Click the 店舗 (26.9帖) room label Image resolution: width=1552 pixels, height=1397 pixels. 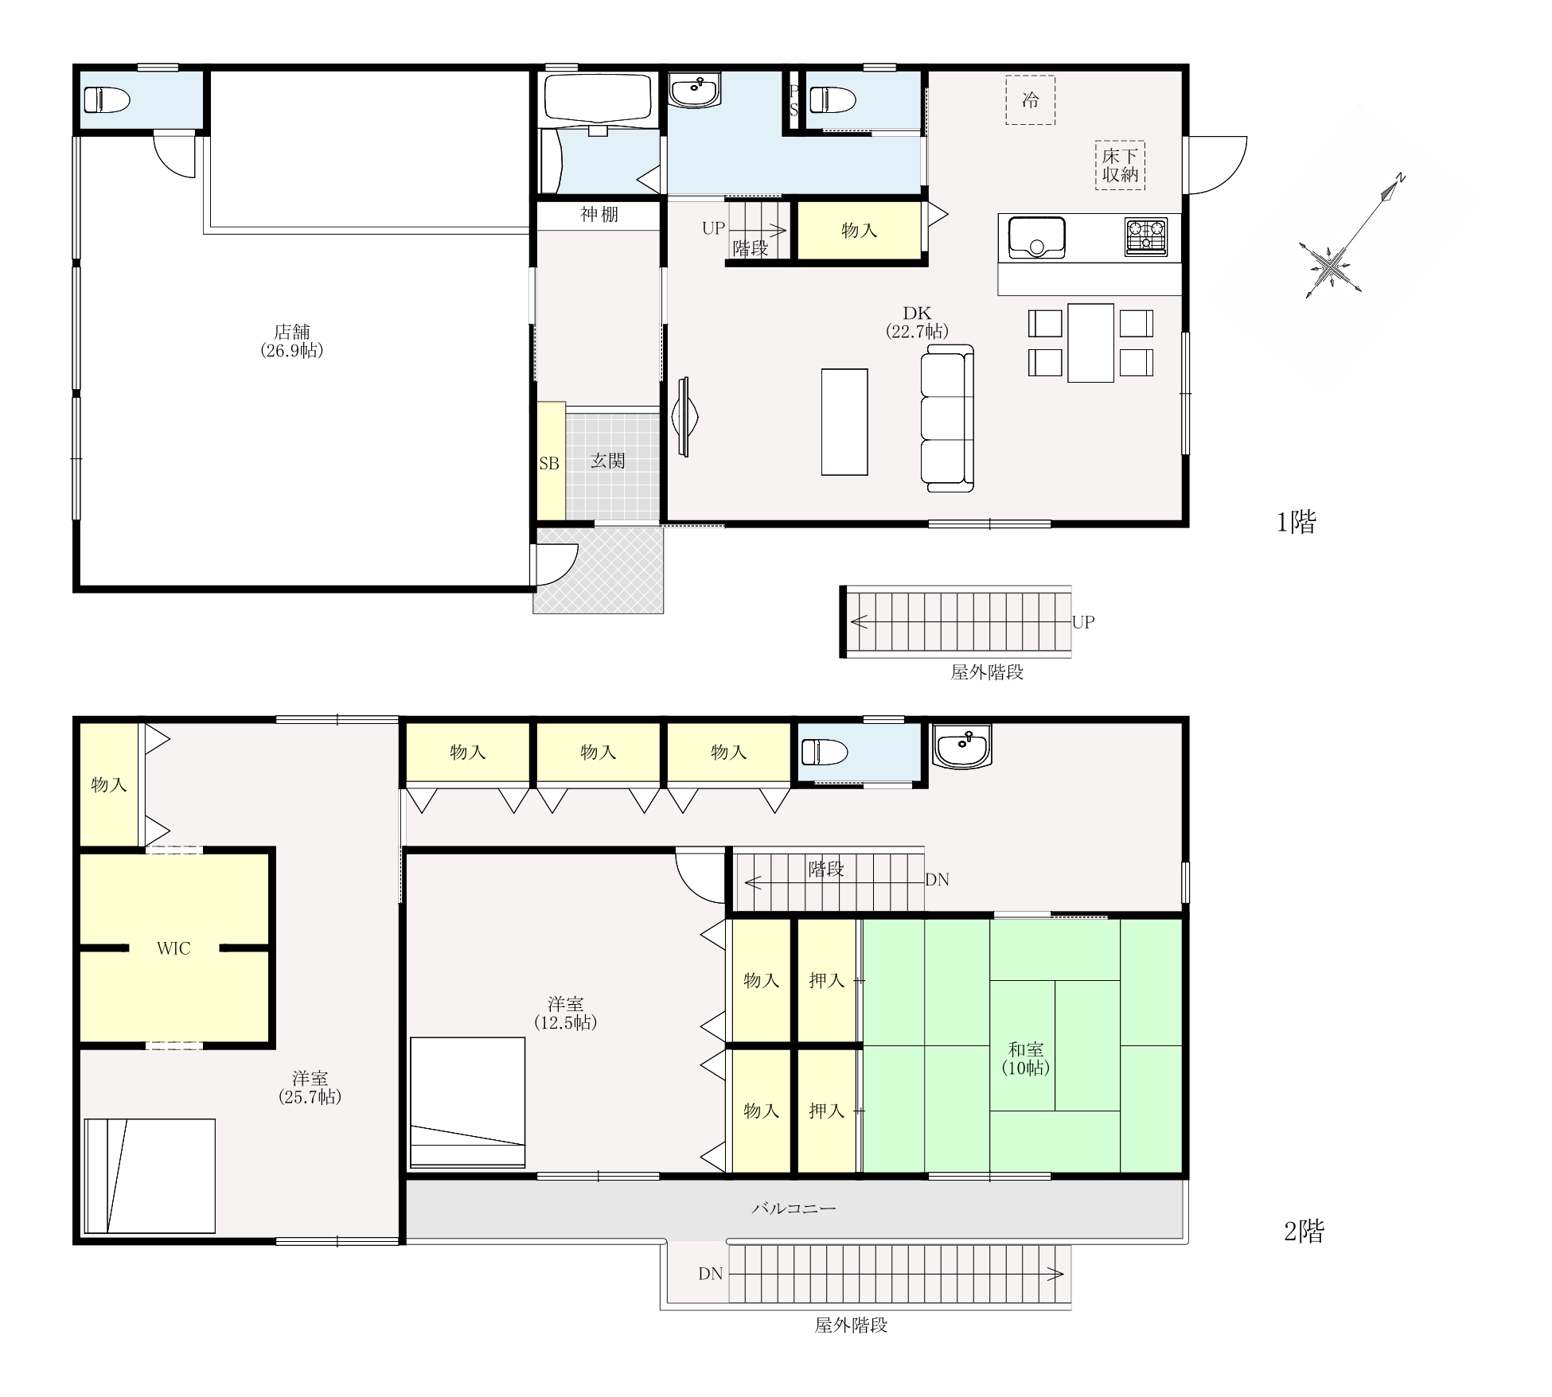click(292, 341)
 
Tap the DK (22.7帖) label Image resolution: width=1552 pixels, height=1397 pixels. click(917, 322)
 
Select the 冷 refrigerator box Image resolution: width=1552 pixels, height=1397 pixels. click(1030, 100)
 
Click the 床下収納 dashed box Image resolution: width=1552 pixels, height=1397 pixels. click(1120, 165)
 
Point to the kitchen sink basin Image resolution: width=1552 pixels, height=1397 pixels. click(1037, 237)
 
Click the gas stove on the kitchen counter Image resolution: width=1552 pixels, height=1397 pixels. click(1146, 237)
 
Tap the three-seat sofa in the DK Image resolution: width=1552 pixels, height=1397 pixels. click(947, 418)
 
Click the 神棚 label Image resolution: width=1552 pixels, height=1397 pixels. click(599, 214)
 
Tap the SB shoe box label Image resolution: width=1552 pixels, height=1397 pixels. click(549, 463)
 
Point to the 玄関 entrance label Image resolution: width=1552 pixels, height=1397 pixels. click(607, 461)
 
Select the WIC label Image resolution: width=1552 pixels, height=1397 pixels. click(174, 948)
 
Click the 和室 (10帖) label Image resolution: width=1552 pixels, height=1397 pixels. click(1025, 1058)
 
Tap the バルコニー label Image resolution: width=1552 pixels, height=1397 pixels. click(794, 1208)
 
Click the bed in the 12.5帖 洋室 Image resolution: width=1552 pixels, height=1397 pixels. click(467, 1103)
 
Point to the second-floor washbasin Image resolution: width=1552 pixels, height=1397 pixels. click(962, 746)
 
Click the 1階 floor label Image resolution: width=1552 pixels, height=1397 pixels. click(1297, 522)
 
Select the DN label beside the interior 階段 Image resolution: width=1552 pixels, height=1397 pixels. click(937, 880)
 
